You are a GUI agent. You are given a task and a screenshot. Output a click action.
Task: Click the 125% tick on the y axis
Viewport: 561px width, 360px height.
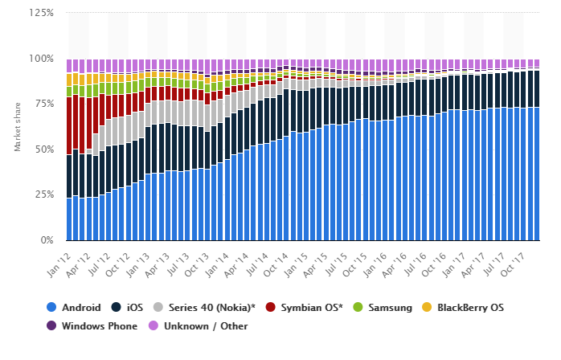43,14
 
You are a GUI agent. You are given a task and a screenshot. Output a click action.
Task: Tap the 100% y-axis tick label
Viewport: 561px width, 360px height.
43,59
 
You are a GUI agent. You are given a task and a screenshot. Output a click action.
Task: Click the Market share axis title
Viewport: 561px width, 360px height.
18,127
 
